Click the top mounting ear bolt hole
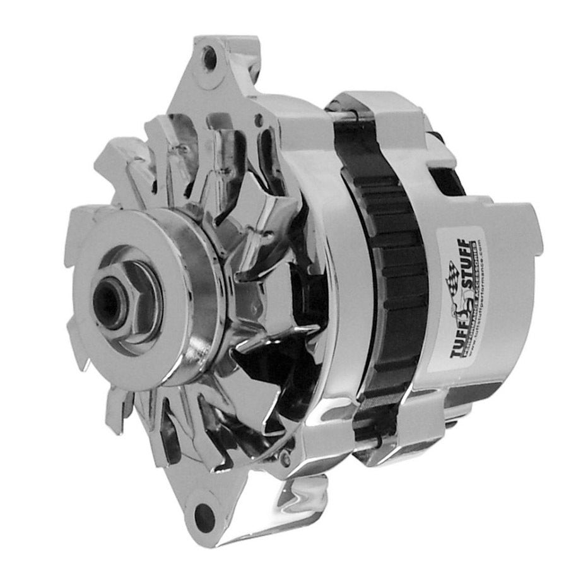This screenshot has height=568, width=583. pos(213,56)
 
